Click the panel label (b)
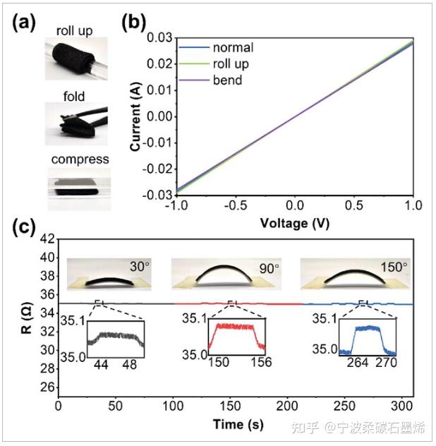[133, 22]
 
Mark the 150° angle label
[392, 267]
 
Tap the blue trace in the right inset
[367, 332]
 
